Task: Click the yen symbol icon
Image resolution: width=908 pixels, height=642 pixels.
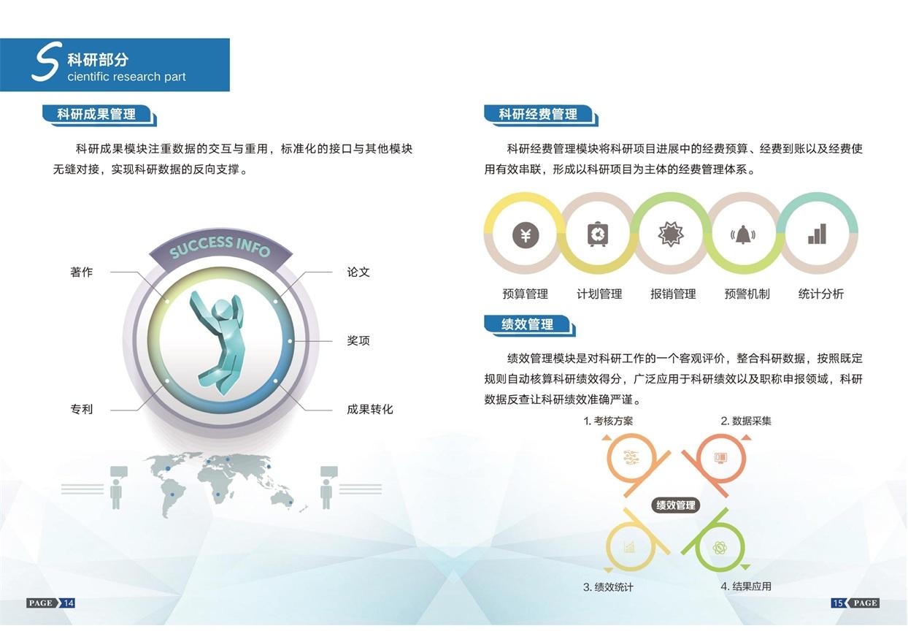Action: [526, 235]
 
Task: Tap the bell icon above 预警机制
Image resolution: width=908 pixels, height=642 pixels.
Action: [743, 235]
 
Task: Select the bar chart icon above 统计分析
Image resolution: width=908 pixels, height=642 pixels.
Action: [817, 234]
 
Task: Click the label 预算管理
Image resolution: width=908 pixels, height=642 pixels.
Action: [525, 294]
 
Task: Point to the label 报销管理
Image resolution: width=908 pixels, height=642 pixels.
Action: [673, 294]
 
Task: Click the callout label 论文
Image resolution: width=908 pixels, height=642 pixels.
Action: [358, 272]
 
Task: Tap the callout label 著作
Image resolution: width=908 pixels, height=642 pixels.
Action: [82, 272]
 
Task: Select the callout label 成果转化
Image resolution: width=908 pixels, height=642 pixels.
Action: [369, 409]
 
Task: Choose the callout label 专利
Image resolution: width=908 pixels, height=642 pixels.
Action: [82, 409]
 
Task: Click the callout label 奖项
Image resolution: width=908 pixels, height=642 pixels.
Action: [358, 340]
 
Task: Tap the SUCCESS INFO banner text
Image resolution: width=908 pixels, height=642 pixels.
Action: [220, 246]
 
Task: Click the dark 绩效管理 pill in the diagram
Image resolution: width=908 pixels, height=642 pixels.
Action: [675, 505]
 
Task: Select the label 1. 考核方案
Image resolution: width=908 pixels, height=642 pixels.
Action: [608, 421]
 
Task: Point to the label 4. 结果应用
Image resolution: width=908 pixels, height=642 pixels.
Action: [746, 586]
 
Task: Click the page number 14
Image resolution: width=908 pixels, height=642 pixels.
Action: [69, 603]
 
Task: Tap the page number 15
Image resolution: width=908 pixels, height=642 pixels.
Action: [838, 603]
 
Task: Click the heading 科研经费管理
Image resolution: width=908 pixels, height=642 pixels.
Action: [538, 114]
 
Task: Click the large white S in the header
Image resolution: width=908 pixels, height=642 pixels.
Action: [47, 61]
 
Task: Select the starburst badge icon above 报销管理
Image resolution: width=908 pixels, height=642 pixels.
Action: [671, 234]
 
